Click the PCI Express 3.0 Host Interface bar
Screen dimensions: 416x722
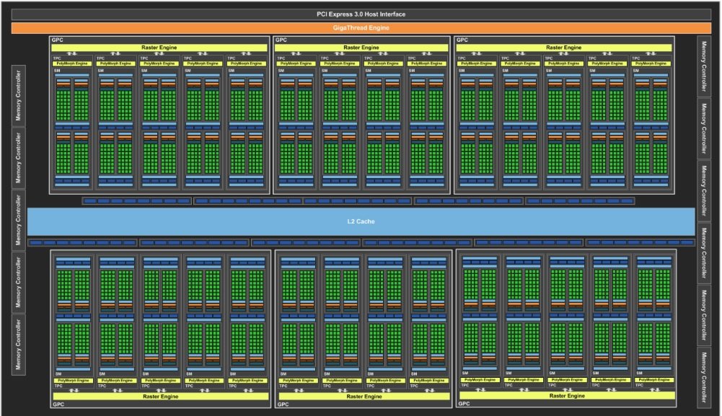point(361,14)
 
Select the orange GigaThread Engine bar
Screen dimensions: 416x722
point(361,28)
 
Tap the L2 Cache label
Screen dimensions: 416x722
point(361,221)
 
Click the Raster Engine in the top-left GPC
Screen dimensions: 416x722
point(160,48)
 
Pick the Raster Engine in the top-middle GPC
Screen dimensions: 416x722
point(361,48)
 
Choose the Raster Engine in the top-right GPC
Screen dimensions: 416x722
point(564,48)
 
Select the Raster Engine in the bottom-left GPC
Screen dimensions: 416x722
point(160,396)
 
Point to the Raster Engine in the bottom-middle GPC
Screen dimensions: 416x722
point(364,396)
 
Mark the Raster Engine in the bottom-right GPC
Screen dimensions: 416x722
point(566,395)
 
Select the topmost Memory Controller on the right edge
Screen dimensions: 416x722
point(704,66)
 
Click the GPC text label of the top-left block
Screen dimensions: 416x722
point(58,40)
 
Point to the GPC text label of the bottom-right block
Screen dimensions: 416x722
point(466,404)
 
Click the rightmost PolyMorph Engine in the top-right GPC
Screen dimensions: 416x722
point(651,63)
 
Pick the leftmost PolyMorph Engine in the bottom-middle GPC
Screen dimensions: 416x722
point(298,380)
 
